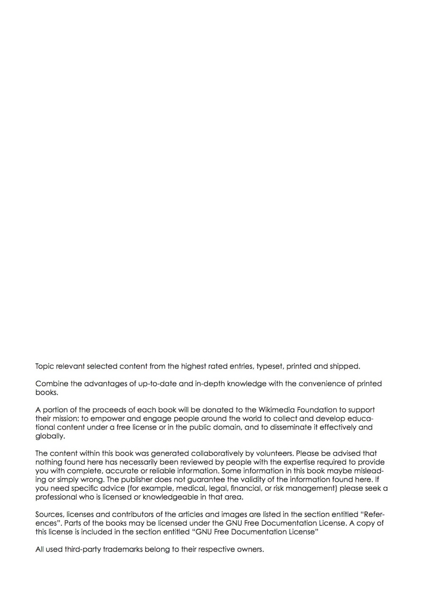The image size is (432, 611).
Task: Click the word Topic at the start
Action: tap(44, 366)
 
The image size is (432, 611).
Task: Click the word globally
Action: tap(50, 436)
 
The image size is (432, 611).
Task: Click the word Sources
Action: tap(49, 514)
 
